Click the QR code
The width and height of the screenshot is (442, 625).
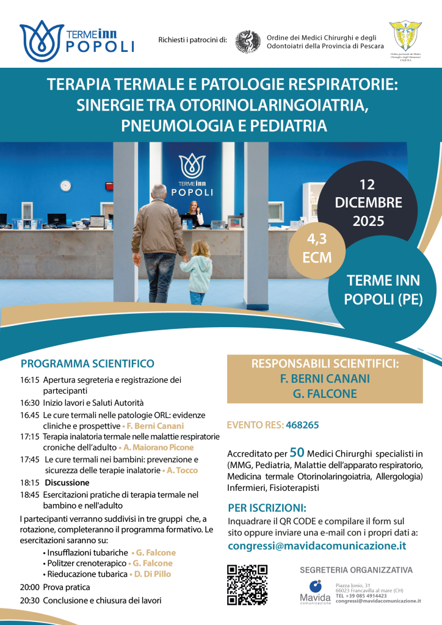click(247, 585)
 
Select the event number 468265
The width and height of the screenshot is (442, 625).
click(302, 424)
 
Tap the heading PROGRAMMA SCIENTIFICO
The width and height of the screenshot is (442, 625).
click(87, 364)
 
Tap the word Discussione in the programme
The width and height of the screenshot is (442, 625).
click(66, 482)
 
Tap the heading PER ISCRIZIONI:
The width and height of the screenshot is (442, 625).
click(267, 508)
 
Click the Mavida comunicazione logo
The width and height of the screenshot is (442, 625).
click(314, 591)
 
